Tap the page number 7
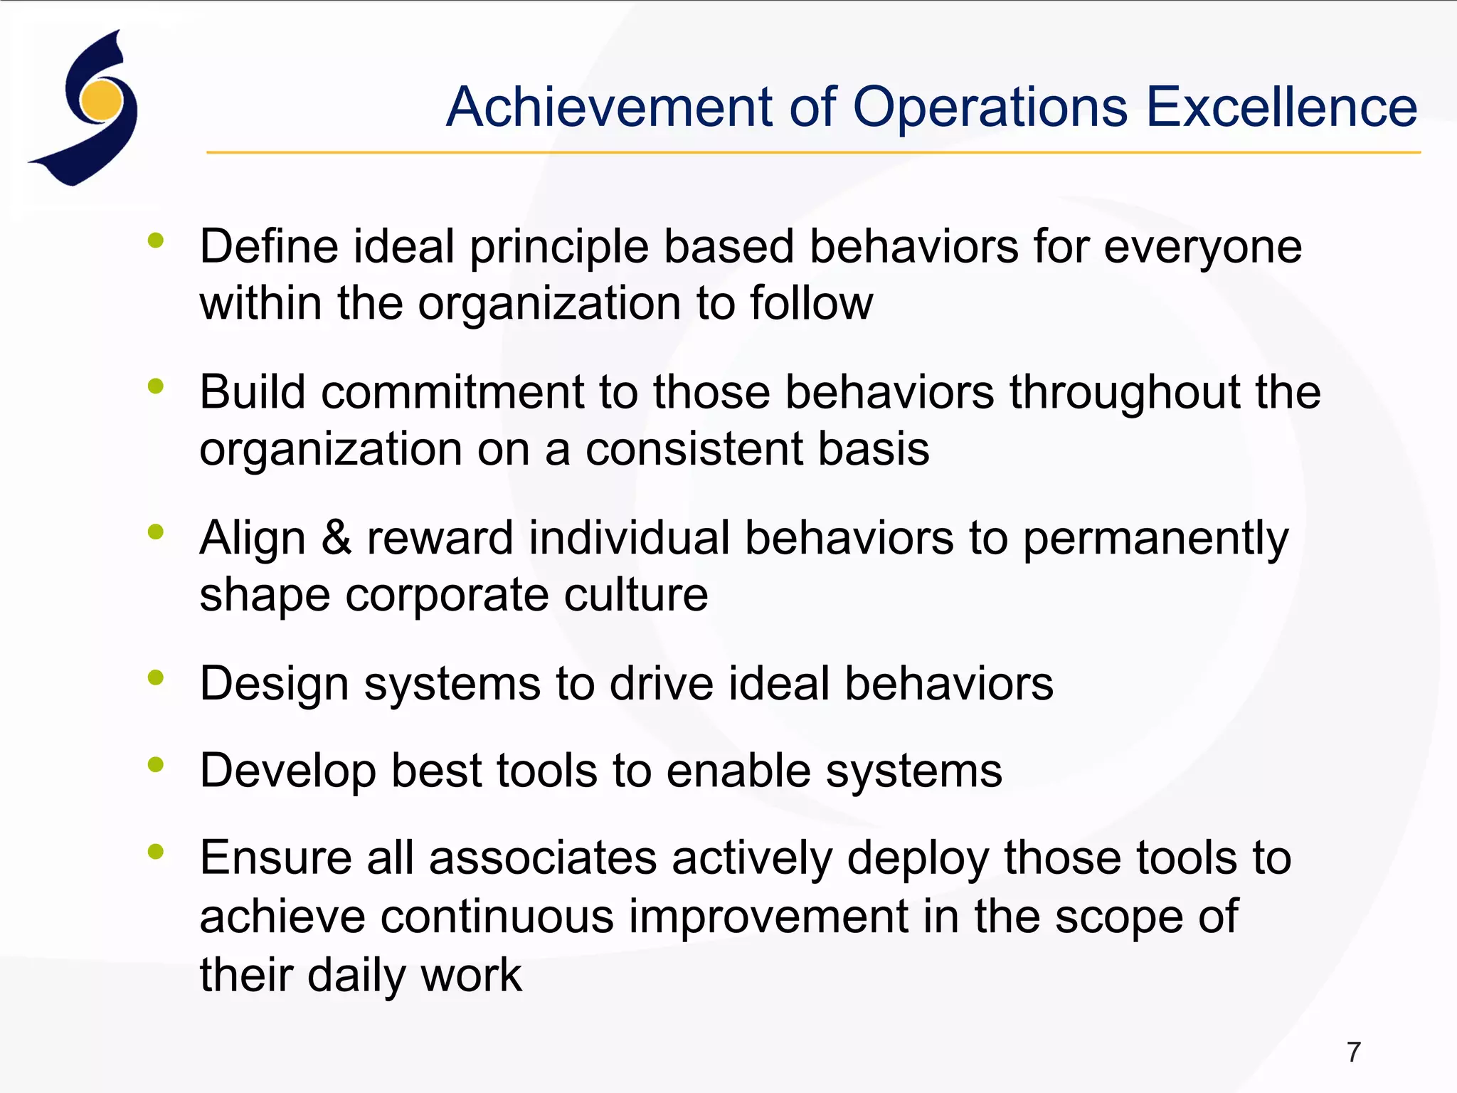pos(1354,1052)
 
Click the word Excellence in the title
pos(1281,107)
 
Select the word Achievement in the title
pos(609,107)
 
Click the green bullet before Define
pos(156,241)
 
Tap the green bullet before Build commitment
pos(156,386)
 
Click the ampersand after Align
pos(336,537)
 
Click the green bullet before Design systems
pos(156,677)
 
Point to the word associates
pos(542,857)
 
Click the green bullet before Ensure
pos(156,851)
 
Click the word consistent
pos(694,450)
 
